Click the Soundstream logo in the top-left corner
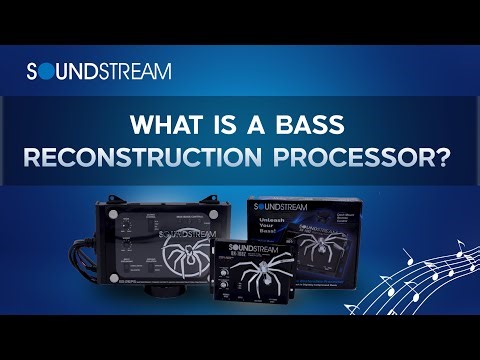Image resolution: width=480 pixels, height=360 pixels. pyautogui.click(x=98, y=71)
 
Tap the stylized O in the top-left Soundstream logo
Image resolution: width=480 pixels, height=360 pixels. pyautogui.click(x=51, y=71)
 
